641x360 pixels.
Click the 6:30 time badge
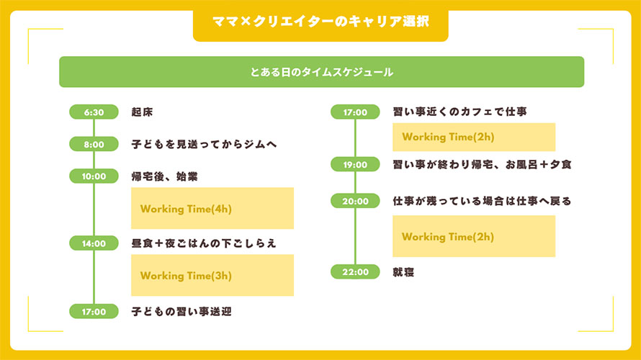94,112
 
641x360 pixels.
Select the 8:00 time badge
94,144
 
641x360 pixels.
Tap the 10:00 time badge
94,176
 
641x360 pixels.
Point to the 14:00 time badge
94,243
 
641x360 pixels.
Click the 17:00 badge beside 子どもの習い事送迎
94,311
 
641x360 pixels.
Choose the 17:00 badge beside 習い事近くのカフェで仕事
355,112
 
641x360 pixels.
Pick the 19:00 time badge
355,164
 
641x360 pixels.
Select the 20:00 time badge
355,201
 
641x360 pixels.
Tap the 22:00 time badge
355,271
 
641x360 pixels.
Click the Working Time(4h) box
212,208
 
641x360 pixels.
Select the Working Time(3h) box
212,276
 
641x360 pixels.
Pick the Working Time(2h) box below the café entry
474,137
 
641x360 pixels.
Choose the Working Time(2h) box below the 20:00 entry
474,236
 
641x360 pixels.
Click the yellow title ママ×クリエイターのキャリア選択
320,22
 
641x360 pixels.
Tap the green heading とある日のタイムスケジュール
321,72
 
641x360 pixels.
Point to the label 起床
142,112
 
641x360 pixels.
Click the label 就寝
403,272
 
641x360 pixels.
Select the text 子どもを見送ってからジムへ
204,144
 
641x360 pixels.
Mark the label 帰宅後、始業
164,176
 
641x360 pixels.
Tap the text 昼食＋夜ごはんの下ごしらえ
204,243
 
